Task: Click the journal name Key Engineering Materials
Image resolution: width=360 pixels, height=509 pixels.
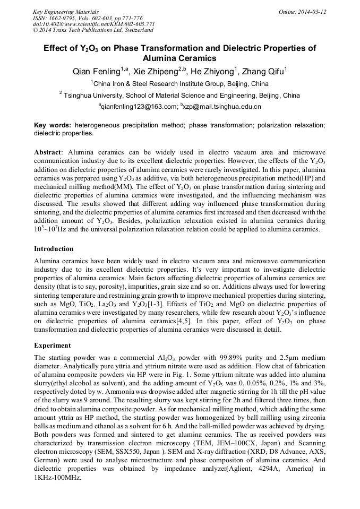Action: coord(66,12)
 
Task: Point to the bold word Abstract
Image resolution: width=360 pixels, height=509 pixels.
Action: coord(48,152)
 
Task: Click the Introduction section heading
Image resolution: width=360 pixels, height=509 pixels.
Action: coord(54,248)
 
